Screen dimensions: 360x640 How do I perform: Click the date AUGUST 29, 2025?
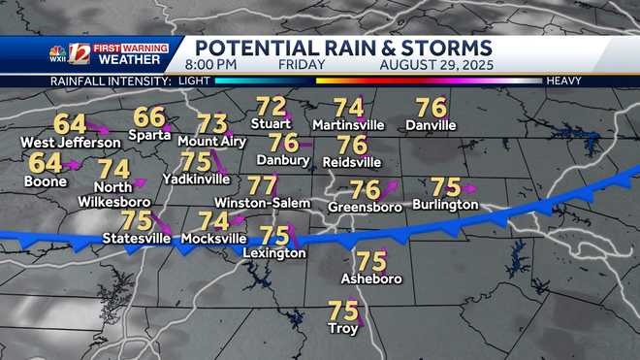(432, 65)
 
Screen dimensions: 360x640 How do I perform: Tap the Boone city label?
(46, 180)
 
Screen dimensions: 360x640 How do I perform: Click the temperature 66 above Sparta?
(148, 117)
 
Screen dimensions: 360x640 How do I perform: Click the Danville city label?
(431, 125)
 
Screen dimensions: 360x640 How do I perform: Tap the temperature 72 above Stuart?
(271, 107)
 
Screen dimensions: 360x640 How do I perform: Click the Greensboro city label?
(365, 207)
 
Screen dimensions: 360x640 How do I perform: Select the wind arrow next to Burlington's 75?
(471, 186)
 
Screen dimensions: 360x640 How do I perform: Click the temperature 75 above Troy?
(342, 311)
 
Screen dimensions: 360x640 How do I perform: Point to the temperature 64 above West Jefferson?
(69, 124)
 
